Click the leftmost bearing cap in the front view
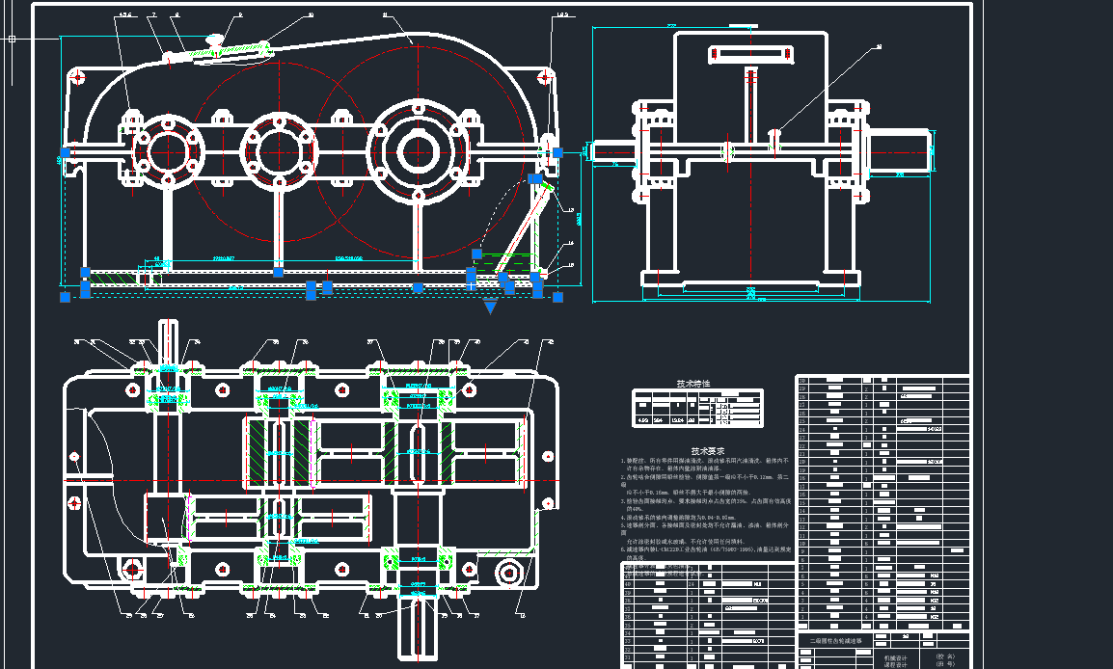(x=168, y=151)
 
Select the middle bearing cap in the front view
(x=279, y=151)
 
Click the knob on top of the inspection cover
(x=215, y=40)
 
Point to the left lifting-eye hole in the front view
(x=76, y=75)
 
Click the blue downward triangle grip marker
(x=490, y=308)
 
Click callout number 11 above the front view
(x=385, y=15)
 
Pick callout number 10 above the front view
(x=310, y=15)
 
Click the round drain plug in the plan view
(x=508, y=574)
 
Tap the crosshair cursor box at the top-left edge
(x=12, y=40)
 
